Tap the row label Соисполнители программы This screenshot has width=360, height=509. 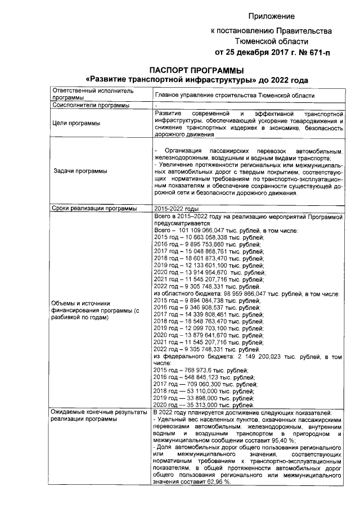tap(89, 105)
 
